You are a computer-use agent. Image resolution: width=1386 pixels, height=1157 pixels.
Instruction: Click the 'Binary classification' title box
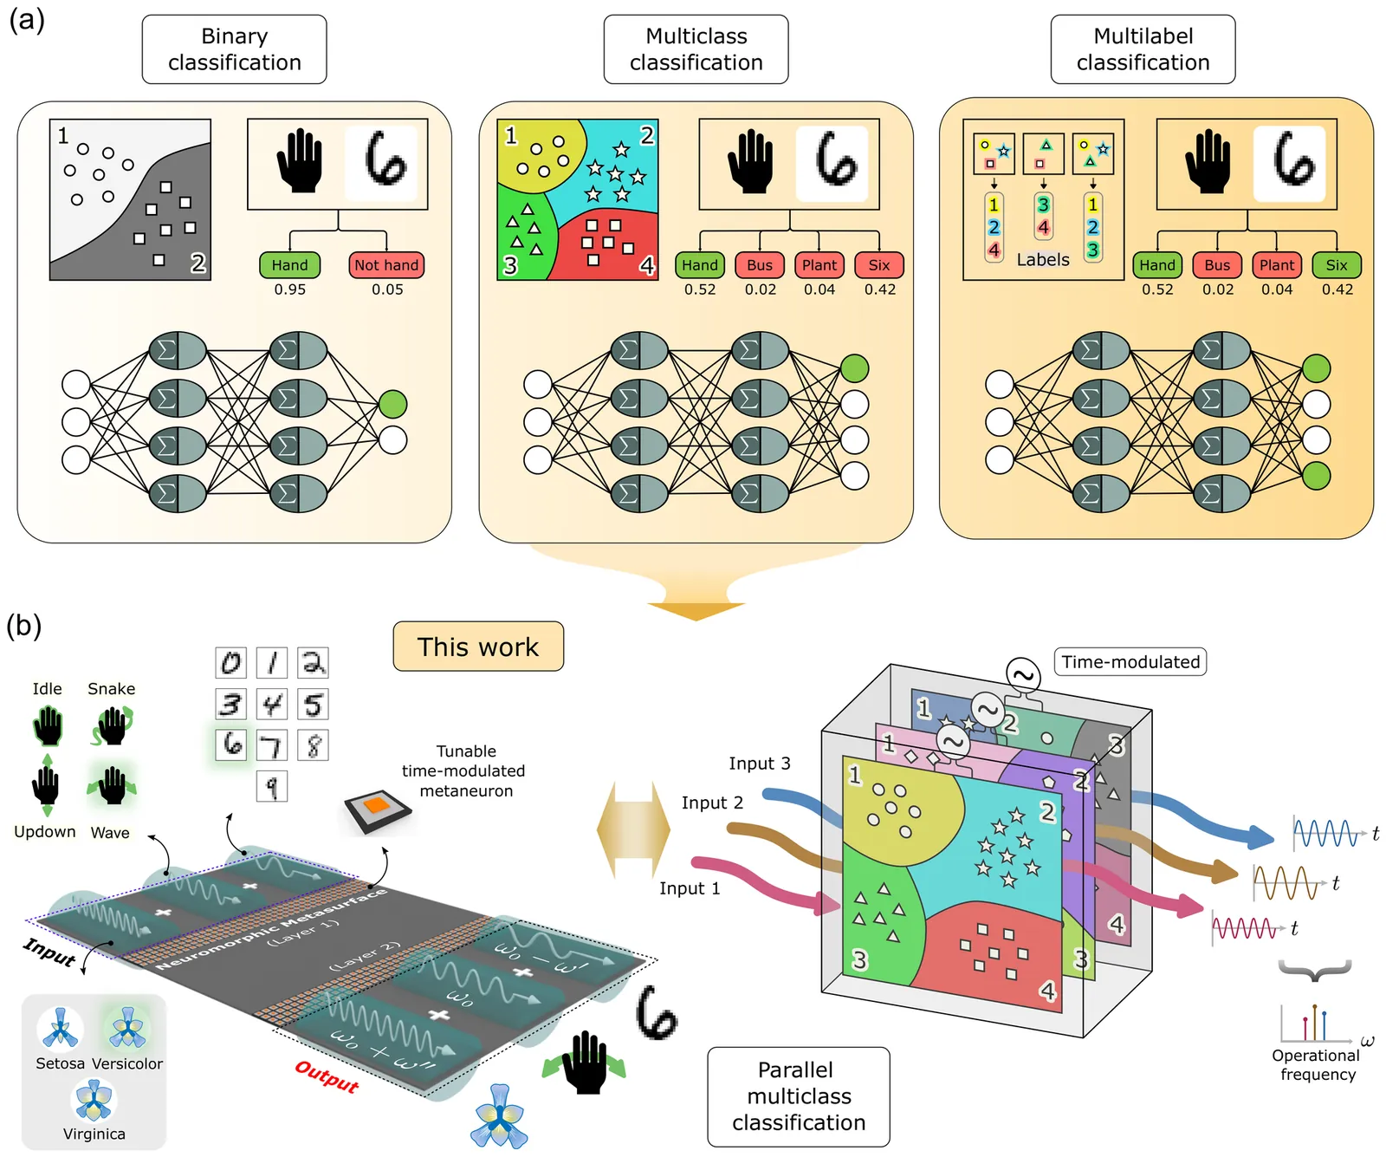tap(234, 49)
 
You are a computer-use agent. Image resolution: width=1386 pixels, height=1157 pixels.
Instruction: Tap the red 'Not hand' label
tap(386, 265)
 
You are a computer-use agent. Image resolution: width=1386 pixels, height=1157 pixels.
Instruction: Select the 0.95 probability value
tap(290, 289)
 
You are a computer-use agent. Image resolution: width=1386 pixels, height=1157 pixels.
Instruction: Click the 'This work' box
tap(478, 647)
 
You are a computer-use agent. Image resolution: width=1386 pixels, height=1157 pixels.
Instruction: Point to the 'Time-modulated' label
tap(1130, 662)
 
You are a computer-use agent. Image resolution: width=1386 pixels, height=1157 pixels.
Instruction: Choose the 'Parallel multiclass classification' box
tap(799, 1096)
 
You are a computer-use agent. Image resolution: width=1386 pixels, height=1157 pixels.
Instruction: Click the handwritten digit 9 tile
tap(272, 787)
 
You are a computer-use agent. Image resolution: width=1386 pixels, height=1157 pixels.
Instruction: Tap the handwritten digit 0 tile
tap(230, 663)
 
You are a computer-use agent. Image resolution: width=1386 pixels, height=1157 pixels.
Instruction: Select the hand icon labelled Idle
tap(49, 725)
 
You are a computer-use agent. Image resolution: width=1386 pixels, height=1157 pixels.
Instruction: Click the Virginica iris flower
tap(94, 1100)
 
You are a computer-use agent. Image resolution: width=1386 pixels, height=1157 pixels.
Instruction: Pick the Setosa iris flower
tap(61, 1029)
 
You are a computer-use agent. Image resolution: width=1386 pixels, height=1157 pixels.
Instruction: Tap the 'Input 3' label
tap(759, 764)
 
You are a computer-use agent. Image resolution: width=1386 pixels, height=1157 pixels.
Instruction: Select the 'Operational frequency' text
tap(1317, 1065)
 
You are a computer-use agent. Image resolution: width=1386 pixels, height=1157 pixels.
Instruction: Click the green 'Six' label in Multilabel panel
tap(1337, 265)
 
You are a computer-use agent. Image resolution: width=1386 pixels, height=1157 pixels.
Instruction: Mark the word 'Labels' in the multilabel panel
tap(1043, 260)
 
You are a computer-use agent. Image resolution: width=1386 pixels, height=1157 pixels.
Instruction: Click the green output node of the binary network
tap(393, 404)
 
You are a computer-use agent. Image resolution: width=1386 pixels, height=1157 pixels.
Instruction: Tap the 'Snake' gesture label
tap(112, 689)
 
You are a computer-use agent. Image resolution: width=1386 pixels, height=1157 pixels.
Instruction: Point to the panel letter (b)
tap(24, 626)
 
